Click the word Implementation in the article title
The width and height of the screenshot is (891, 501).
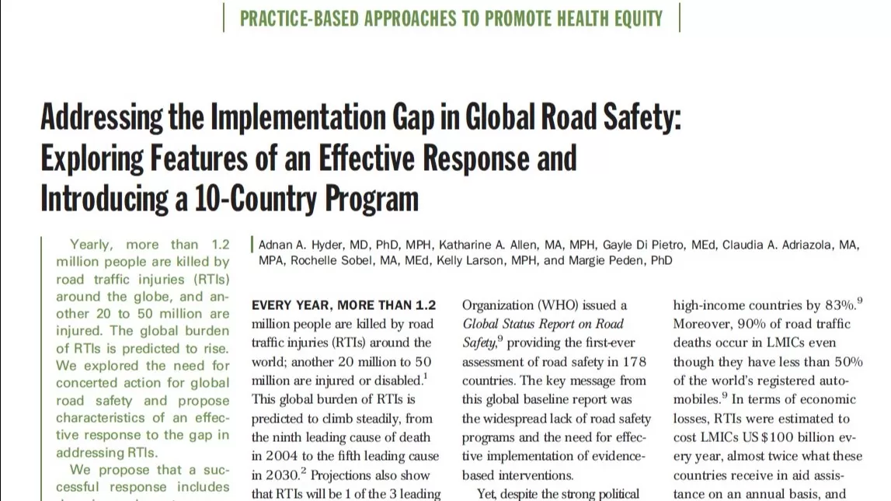click(294, 118)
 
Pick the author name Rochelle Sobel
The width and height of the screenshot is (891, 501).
click(332, 260)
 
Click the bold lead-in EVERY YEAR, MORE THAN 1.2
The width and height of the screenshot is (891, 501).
click(344, 305)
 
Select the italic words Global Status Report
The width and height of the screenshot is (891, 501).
click(521, 324)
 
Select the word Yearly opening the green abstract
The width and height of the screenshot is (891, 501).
click(90, 245)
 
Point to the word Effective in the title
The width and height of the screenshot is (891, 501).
click(368, 158)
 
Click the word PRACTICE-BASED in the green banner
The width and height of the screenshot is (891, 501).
click(295, 18)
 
